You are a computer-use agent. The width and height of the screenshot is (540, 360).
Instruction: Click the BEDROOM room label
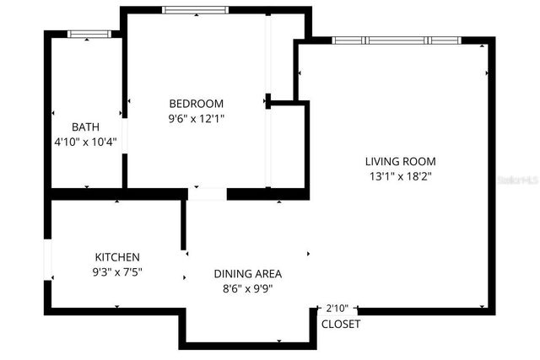point(196,103)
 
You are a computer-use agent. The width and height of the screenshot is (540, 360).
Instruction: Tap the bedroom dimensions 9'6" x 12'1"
point(196,119)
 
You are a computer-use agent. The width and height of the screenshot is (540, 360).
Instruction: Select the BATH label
point(85,126)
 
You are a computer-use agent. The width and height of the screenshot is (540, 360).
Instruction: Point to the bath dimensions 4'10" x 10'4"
point(84,142)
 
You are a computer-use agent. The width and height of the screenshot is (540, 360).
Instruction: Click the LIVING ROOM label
point(401,161)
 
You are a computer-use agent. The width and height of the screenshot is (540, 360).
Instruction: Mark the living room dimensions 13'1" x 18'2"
point(401,176)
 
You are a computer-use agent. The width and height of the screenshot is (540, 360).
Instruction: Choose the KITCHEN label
point(117,257)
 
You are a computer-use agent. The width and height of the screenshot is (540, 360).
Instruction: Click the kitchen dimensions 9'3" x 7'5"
point(117,272)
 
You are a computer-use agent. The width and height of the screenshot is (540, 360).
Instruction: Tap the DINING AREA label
point(247,274)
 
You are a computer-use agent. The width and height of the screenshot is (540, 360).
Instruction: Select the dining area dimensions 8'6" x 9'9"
point(247,289)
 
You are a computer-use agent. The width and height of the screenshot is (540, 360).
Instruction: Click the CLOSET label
point(341,324)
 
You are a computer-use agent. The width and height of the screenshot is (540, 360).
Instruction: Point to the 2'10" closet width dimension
point(337,308)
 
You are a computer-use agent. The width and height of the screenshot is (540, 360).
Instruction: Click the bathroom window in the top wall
point(89,34)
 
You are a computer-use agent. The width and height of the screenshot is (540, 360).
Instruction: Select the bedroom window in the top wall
point(195,10)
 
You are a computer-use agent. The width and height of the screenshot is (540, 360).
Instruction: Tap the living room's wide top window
point(395,40)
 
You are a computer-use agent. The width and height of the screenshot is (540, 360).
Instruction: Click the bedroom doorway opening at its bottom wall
point(207,194)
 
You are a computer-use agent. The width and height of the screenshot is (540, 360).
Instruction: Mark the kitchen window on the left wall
point(49,261)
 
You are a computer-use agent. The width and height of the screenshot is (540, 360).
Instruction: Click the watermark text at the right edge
point(518,180)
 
